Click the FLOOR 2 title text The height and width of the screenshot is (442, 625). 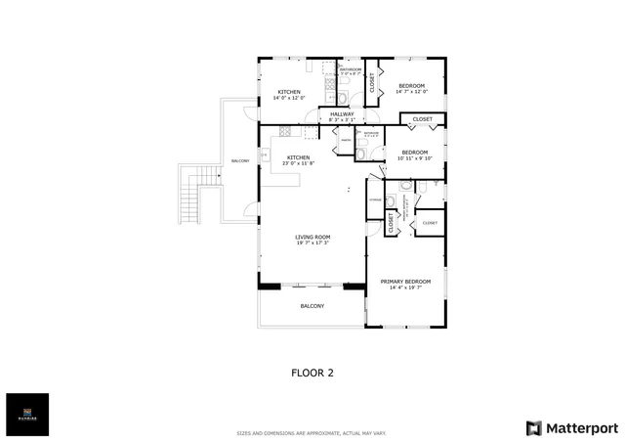312,372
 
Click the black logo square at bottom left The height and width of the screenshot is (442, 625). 26,415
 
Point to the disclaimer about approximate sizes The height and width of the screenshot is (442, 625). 312,432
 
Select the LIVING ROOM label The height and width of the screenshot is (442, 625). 313,237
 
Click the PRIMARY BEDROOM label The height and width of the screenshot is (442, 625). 403,281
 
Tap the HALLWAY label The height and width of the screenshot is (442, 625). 342,114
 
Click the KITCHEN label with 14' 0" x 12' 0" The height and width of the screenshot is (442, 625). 288,92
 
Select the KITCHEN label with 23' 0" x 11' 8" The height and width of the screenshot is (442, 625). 298,157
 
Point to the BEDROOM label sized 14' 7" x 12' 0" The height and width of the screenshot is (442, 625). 411,86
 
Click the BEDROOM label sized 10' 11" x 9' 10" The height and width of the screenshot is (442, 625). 415,152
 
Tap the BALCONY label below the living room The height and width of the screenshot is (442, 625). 312,306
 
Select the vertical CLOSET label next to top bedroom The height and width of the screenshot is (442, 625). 371,82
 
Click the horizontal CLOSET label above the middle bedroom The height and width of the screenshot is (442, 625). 422,119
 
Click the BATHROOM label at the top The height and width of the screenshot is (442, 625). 351,69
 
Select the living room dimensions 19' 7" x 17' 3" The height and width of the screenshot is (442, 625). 313,243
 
